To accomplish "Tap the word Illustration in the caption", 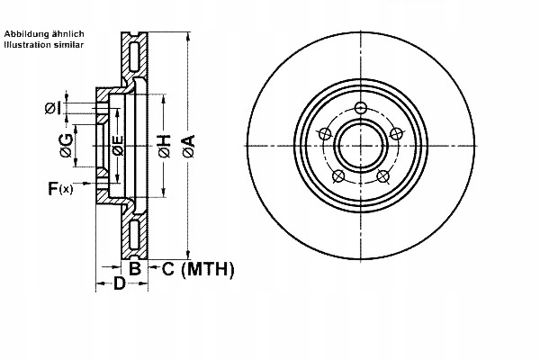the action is coord(29,43).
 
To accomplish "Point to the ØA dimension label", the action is coord(187,147).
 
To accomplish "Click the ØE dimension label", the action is coord(116,147).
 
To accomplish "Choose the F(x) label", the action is coord(61,188).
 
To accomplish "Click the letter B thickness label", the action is coord(134,268).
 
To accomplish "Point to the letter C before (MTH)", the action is coord(167,268).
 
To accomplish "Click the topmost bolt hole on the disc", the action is coord(361,110).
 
